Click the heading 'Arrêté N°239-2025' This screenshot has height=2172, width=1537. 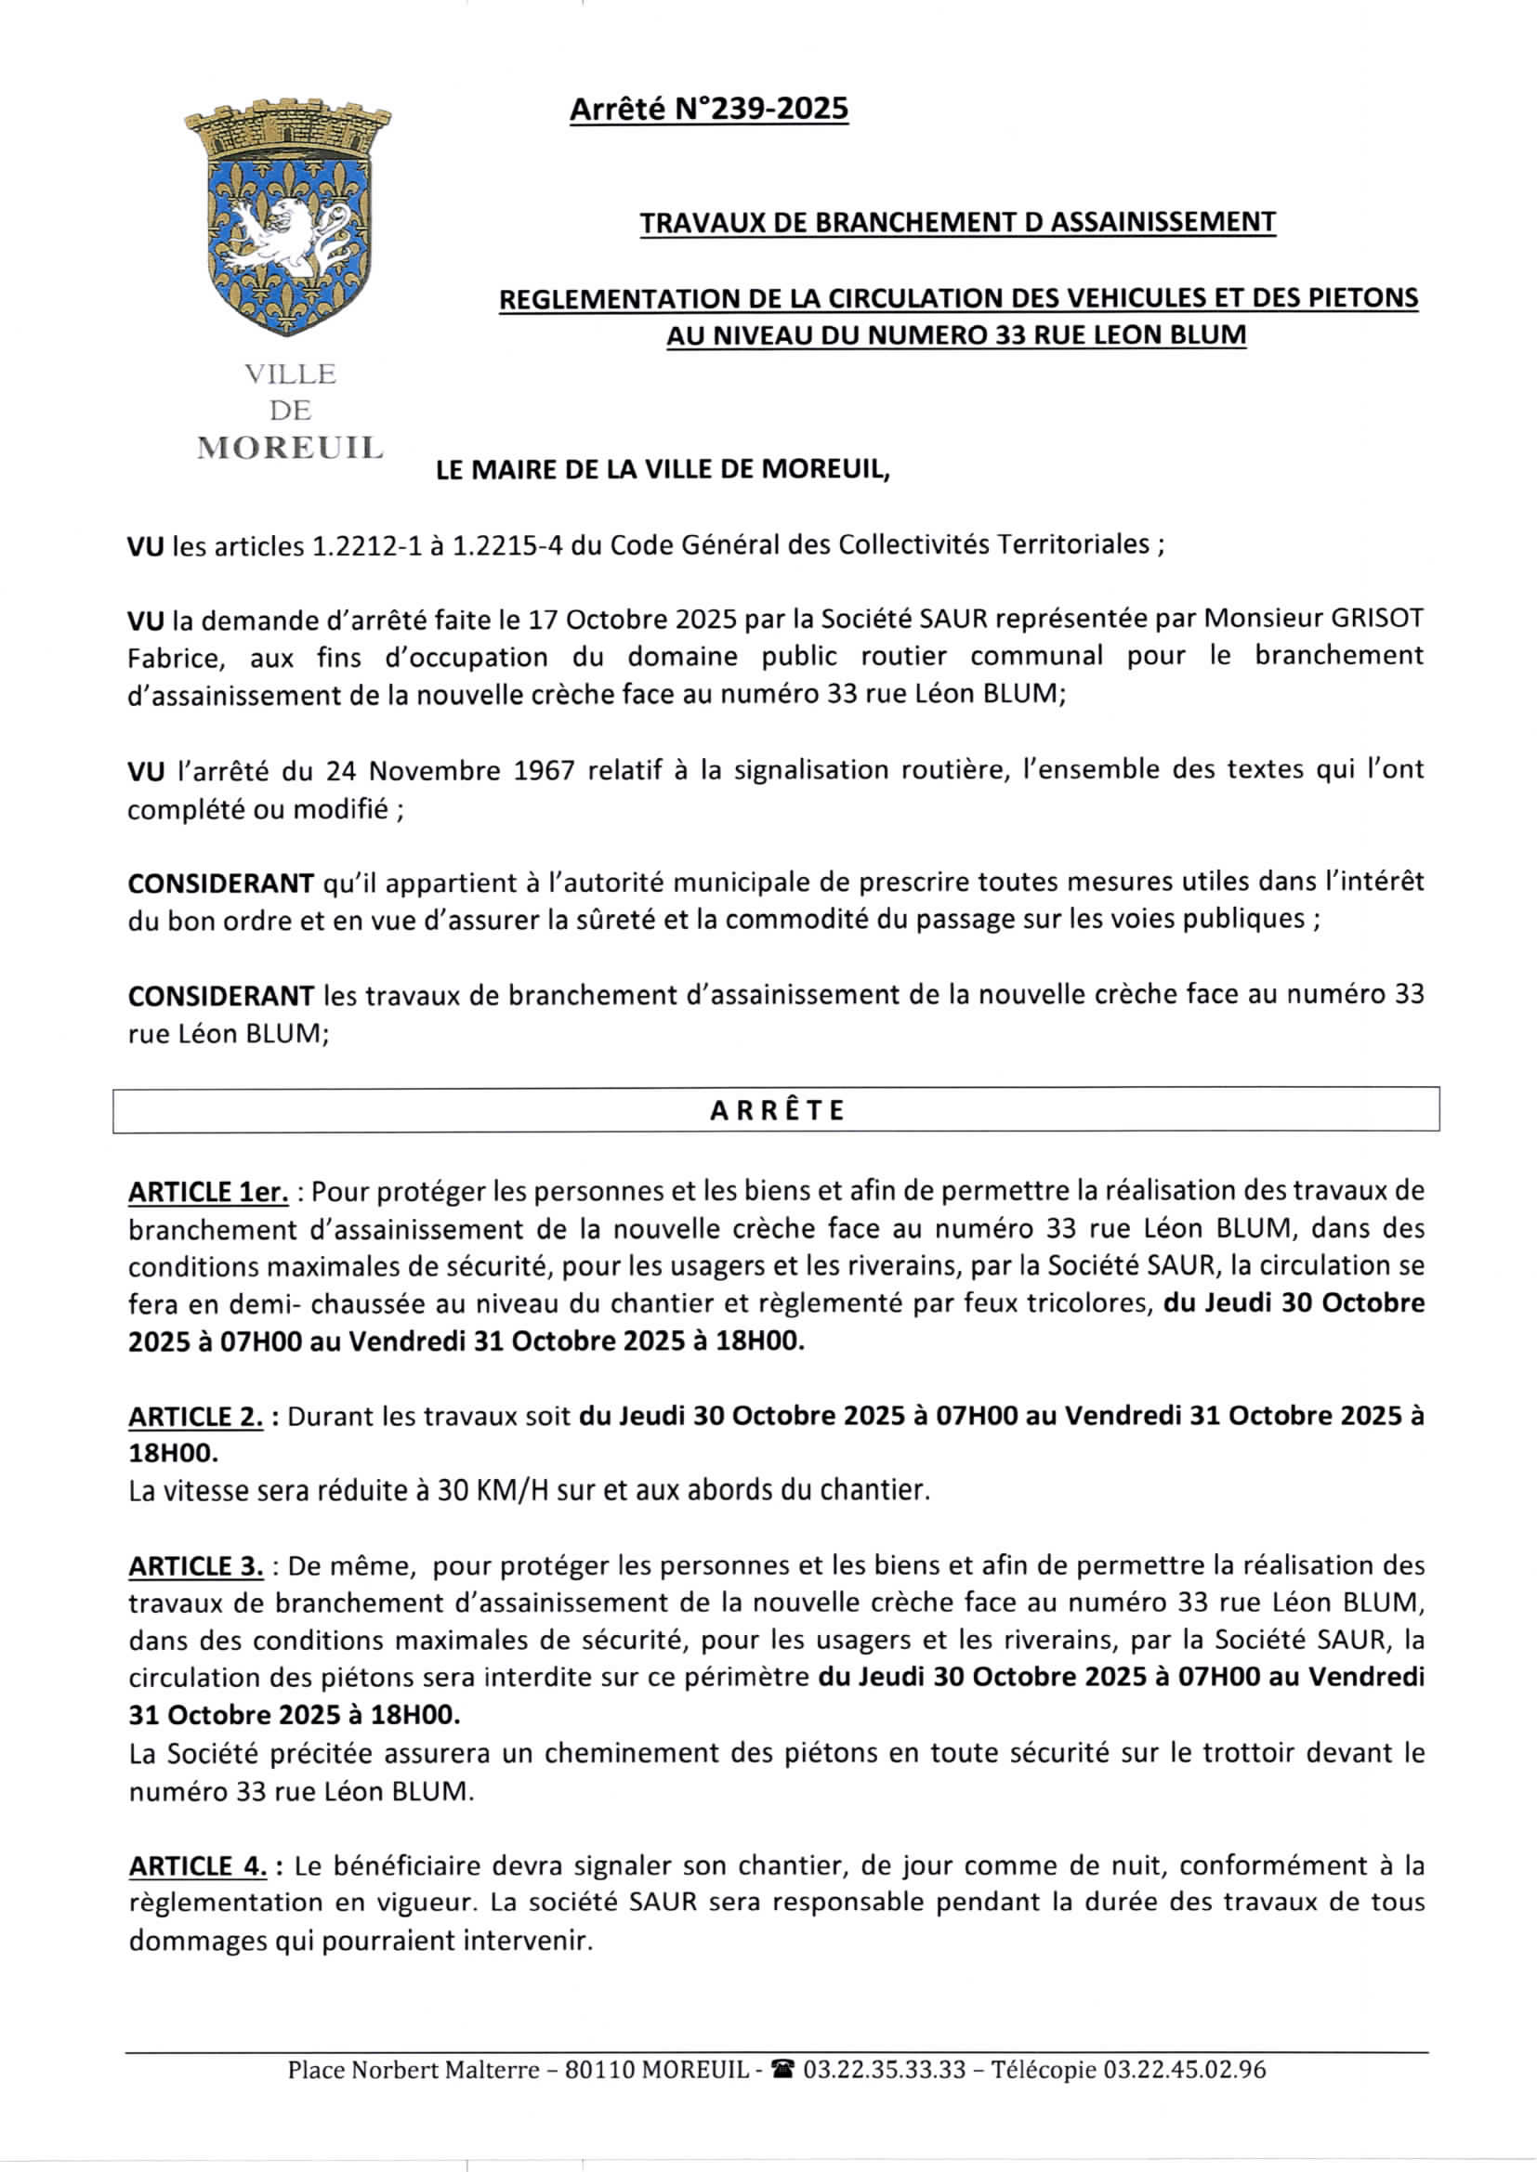[x=708, y=110]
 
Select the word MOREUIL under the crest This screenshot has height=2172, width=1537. [x=290, y=448]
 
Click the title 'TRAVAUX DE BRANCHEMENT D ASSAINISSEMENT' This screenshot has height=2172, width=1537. [x=957, y=222]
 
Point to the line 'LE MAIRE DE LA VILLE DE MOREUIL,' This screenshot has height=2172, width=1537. [x=663, y=469]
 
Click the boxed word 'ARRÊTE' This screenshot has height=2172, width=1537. [x=776, y=1109]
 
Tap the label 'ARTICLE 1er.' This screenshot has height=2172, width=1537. [x=208, y=1192]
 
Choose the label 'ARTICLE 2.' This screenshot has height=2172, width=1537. [x=196, y=1417]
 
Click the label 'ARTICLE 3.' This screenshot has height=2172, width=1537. [x=196, y=1566]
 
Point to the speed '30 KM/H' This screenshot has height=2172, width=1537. [x=493, y=1492]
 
